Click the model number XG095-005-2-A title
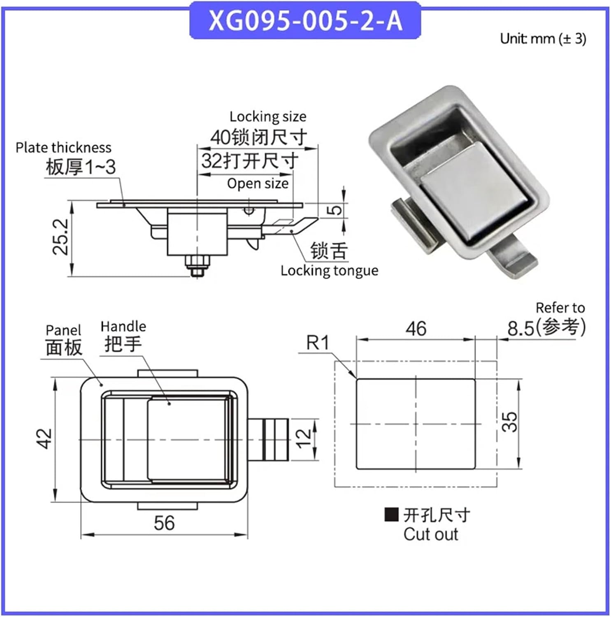point(305,21)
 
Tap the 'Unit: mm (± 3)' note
point(543,39)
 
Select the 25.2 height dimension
point(60,237)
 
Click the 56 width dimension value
point(164,523)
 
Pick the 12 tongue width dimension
point(303,439)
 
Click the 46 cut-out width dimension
point(416,329)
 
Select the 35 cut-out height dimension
point(509,422)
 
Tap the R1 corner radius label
point(318,343)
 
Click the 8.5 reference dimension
point(520,329)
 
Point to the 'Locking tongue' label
point(329,271)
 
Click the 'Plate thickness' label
point(63,148)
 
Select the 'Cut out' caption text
point(430,534)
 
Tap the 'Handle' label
point(123,327)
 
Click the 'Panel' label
point(63,330)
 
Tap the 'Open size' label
point(258,183)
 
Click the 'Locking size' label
point(268,117)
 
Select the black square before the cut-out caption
point(391,515)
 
